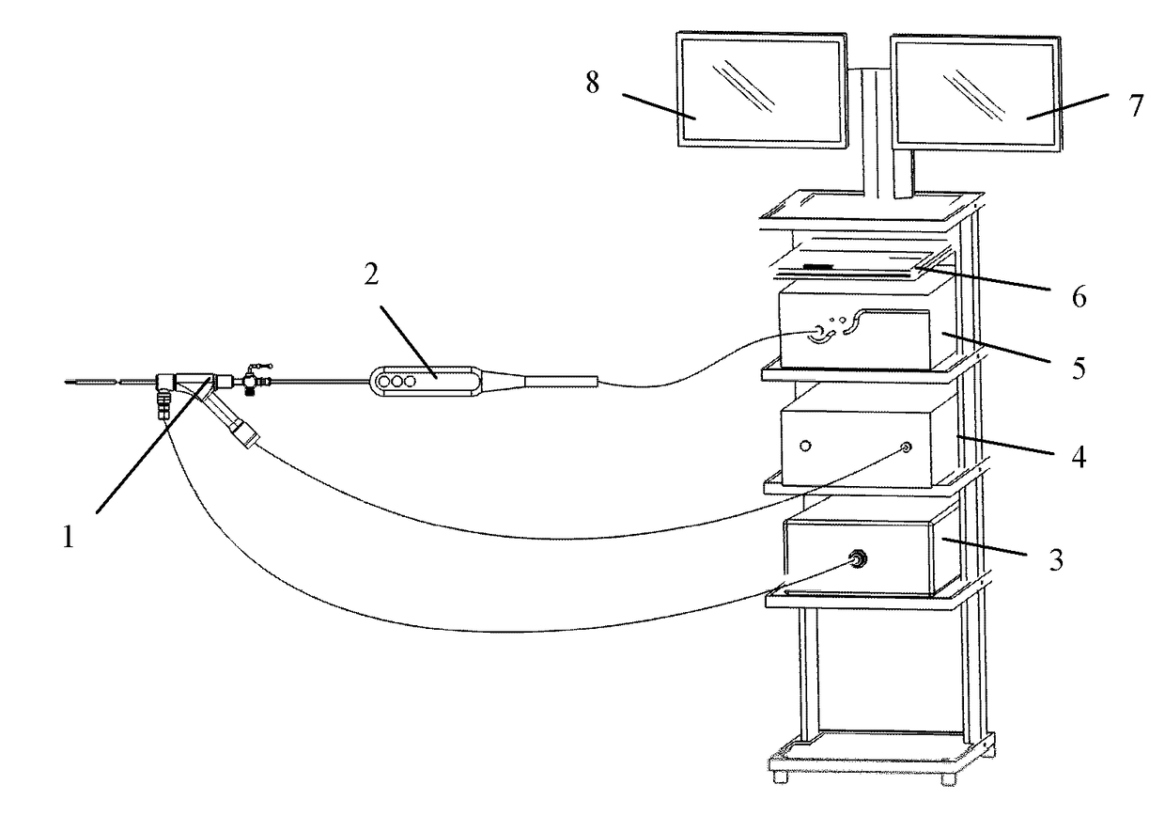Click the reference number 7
pyautogui.click(x=1137, y=106)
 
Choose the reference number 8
pyautogui.click(x=593, y=83)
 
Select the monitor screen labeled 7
pyautogui.click(x=975, y=91)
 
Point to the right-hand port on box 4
pyautogui.click(x=907, y=448)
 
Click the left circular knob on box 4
pyautogui.click(x=804, y=443)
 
